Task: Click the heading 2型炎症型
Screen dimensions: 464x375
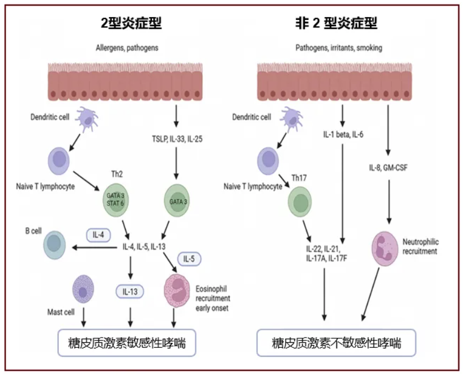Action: click(131, 23)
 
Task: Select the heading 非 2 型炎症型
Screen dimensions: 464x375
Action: click(336, 23)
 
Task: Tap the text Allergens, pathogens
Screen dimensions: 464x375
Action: click(127, 48)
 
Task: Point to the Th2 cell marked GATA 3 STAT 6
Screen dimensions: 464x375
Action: click(116, 199)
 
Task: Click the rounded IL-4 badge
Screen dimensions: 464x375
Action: click(99, 235)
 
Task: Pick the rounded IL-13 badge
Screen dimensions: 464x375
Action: click(130, 292)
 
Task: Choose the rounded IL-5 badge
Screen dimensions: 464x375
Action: click(189, 259)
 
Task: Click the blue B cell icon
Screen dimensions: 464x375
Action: click(54, 245)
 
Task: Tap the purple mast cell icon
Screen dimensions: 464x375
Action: click(83, 289)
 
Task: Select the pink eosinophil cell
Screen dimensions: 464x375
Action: click(177, 291)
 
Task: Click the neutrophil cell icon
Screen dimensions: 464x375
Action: click(385, 249)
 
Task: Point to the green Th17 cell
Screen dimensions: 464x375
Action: click(300, 202)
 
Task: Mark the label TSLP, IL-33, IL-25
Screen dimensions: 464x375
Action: click(177, 139)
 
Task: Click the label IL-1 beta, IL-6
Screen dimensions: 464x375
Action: click(343, 135)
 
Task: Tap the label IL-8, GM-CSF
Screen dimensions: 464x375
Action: click(388, 168)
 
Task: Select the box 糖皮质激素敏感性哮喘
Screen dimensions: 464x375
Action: click(127, 343)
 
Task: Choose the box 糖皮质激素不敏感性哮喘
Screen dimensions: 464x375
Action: click(336, 343)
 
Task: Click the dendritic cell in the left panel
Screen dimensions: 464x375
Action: click(87, 119)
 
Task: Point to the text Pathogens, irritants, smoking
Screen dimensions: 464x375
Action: click(339, 48)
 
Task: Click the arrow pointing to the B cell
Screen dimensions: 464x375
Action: click(95, 248)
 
